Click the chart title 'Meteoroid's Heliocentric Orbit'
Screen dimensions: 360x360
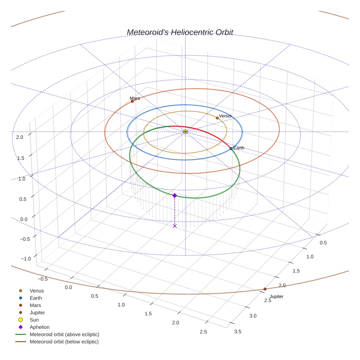point(180,32)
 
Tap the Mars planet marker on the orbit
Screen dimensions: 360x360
point(132,101)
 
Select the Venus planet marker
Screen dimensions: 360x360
point(217,118)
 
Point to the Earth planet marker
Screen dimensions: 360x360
point(231,149)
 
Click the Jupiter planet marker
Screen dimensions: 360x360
point(265,289)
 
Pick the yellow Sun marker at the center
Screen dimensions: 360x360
point(185,131)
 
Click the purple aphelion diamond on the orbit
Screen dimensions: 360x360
point(175,196)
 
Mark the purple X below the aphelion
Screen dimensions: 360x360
point(175,226)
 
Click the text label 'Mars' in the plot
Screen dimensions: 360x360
point(135,98)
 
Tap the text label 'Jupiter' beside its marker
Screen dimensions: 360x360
point(276,296)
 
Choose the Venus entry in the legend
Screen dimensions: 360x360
point(37,291)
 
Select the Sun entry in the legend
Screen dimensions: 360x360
point(34,320)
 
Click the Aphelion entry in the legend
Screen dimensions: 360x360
point(40,327)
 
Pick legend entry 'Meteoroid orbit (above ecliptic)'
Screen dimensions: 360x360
point(64,334)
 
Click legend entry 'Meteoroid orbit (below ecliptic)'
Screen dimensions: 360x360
point(64,342)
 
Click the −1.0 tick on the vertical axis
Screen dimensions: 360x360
point(26,259)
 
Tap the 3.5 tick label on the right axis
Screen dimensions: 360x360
point(237,331)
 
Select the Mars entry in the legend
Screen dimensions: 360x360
point(35,305)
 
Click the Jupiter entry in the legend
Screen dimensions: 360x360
point(37,312)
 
